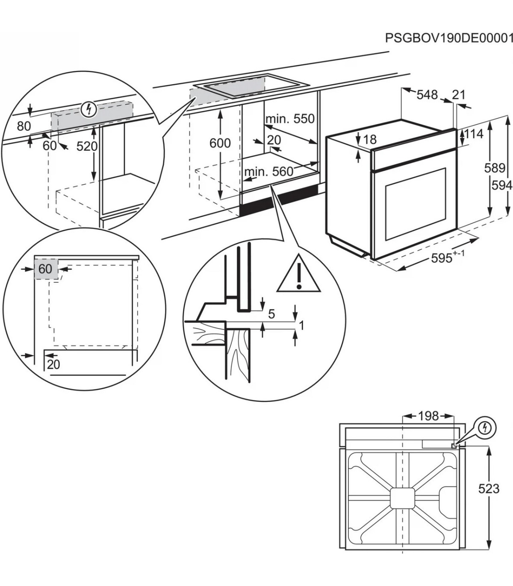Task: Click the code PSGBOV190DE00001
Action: (x=448, y=38)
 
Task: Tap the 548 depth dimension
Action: (x=427, y=94)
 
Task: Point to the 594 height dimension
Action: (x=501, y=185)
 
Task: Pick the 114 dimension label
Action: (x=473, y=134)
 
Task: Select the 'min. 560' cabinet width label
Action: (x=268, y=172)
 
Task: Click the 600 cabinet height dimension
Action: (x=220, y=143)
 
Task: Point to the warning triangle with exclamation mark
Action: (x=299, y=276)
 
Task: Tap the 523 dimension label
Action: (x=488, y=488)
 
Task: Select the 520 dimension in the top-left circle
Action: (x=87, y=146)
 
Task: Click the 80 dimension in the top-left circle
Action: (x=24, y=126)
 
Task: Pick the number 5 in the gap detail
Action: (x=271, y=314)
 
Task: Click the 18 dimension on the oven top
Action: (x=370, y=139)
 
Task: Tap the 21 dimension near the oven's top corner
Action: (x=458, y=94)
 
